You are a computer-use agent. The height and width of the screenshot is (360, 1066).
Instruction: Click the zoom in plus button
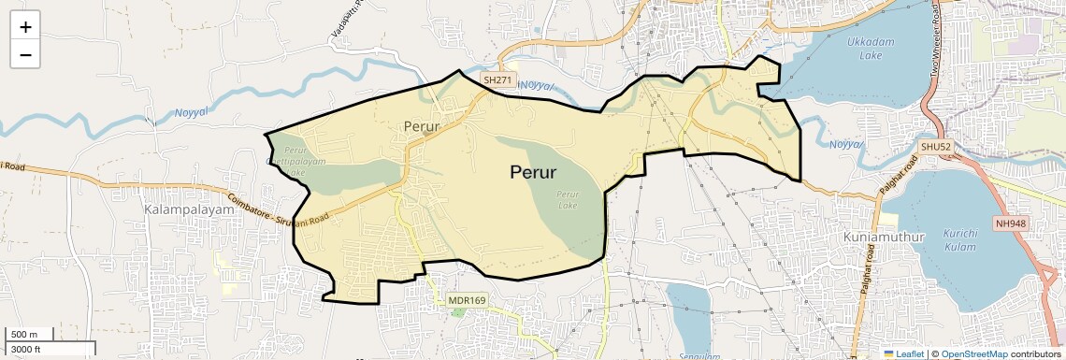point(25,27)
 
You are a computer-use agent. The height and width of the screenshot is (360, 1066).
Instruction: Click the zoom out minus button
point(25,55)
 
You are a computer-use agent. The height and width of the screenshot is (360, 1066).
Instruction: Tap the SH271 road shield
point(498,81)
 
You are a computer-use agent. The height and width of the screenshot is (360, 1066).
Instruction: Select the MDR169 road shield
point(467,300)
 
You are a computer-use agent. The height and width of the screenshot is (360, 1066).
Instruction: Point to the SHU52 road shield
point(934,147)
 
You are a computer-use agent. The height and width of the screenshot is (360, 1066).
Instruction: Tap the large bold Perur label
point(533,172)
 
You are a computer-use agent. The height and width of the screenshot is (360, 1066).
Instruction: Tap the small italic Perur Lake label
point(567,199)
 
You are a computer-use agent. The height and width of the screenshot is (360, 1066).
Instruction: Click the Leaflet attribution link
point(904,353)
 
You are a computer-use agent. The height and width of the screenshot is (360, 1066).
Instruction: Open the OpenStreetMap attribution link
point(974,353)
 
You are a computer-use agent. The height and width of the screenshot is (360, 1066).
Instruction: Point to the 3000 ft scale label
point(25,349)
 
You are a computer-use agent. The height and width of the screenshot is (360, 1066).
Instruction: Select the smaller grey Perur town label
point(422,125)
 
